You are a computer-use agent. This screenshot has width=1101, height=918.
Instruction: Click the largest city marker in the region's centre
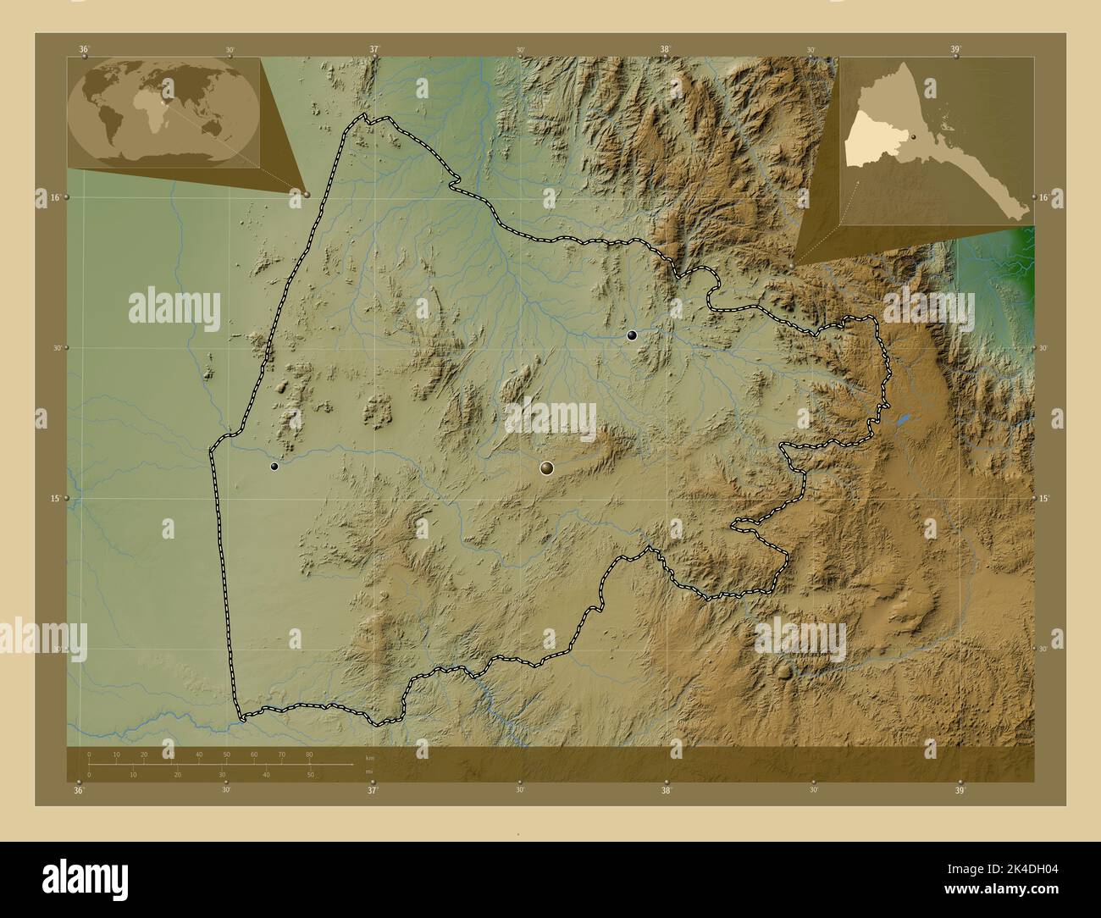point(547,467)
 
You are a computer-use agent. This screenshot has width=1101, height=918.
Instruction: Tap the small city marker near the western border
point(274,466)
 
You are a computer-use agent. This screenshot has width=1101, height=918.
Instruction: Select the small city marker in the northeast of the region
point(631,335)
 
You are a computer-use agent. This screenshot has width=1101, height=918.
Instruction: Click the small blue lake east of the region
point(903,419)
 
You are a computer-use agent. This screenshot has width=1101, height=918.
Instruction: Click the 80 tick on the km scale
point(309,754)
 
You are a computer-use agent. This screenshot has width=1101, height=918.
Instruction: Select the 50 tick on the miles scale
point(310,775)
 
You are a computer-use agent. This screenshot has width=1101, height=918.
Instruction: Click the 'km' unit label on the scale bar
point(369,757)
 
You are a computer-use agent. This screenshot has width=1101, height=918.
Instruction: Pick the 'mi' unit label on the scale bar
point(368,771)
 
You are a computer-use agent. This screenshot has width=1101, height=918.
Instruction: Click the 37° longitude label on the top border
point(373,49)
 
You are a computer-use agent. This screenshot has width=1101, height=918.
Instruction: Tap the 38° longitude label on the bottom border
point(667,791)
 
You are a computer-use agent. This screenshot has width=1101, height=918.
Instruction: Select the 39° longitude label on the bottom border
point(960,791)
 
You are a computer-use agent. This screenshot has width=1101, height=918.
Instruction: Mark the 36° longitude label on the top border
point(84,49)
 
